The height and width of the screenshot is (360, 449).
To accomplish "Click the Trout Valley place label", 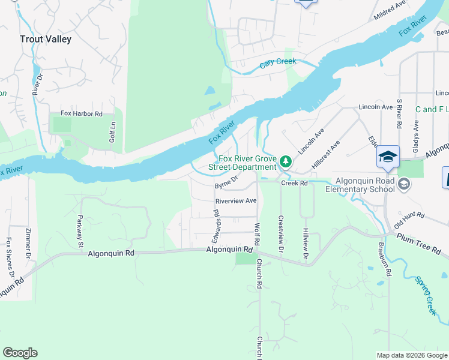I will point(45,39).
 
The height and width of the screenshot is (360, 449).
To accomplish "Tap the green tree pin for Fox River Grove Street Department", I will point(286,161).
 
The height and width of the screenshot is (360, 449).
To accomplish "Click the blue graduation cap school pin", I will point(388,157).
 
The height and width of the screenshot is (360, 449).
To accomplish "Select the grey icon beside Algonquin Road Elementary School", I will point(403,182).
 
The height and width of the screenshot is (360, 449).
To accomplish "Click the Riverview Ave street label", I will point(236,200).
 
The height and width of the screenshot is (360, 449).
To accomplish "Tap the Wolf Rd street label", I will point(257,234).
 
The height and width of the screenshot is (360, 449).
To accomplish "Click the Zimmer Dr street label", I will point(28,244).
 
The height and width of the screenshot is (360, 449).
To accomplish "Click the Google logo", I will point(20,353).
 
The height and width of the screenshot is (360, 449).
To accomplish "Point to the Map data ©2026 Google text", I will point(411,355).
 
